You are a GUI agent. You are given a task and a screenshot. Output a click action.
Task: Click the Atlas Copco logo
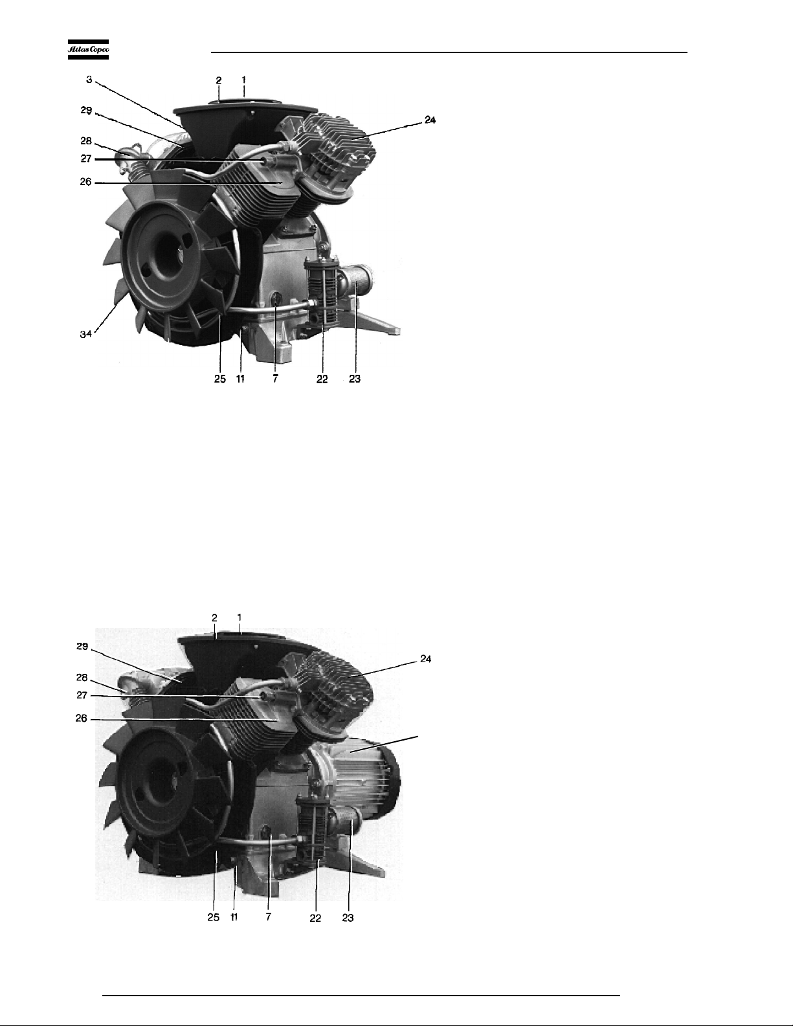pyautogui.click(x=88, y=50)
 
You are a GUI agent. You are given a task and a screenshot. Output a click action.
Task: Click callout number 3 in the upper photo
pyautogui.click(x=89, y=80)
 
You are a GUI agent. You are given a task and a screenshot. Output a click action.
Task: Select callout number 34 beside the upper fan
pyautogui.click(x=85, y=334)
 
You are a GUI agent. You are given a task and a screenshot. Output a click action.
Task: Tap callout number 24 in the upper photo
pyautogui.click(x=430, y=120)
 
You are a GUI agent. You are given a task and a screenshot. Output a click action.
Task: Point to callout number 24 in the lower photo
pyautogui.click(x=426, y=659)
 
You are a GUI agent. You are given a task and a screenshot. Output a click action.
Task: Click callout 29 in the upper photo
pyautogui.click(x=86, y=110)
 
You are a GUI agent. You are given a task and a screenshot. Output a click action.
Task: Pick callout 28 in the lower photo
pyautogui.click(x=82, y=678)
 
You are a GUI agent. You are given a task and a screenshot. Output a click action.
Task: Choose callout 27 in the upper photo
pyautogui.click(x=85, y=159)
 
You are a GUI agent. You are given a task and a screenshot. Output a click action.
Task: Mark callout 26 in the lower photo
pyautogui.click(x=82, y=718)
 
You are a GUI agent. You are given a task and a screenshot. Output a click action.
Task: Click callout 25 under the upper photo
pyautogui.click(x=220, y=379)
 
